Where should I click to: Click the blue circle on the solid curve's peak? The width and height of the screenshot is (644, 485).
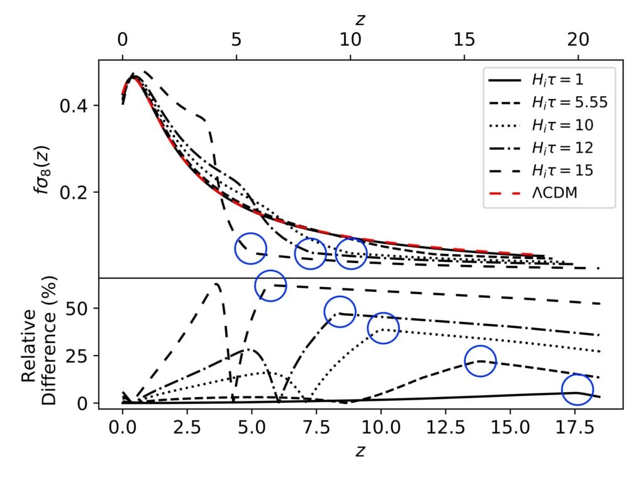(x=577, y=390)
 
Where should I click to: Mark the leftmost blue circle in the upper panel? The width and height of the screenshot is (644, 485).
(x=250, y=248)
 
